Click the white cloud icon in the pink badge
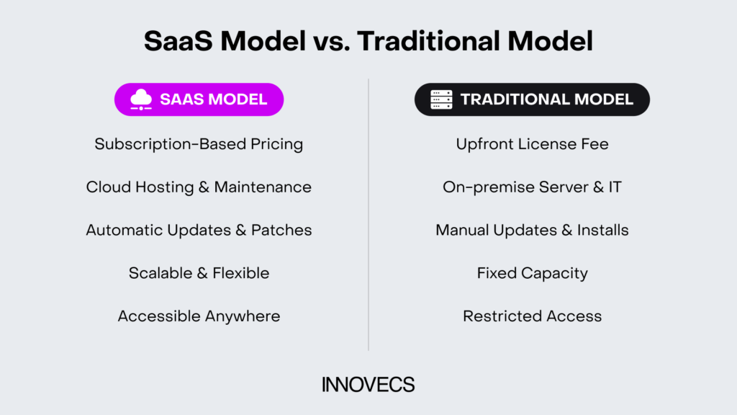[x=141, y=99]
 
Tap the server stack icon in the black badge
[x=441, y=99]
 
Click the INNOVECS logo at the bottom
[x=368, y=385]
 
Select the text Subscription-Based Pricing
[x=199, y=144]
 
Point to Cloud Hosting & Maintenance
[x=199, y=187]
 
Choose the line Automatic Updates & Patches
[x=199, y=230]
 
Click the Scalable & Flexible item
[x=199, y=273]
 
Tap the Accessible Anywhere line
[x=199, y=316]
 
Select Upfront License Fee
[x=532, y=144]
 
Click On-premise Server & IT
[x=532, y=187]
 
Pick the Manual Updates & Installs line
[x=532, y=230]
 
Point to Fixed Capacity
[x=532, y=273]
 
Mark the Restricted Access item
[x=532, y=316]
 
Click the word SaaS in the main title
[x=178, y=41]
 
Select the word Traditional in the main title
[x=428, y=41]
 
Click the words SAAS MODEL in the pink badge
[x=213, y=99]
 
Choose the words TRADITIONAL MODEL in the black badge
[x=547, y=99]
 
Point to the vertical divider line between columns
[x=368, y=215]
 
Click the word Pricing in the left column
[x=277, y=144]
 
